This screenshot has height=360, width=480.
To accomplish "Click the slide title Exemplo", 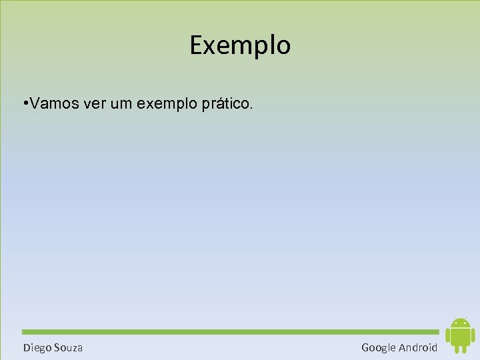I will (x=240, y=45).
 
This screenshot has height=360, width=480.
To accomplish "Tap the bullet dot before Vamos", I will (x=25, y=104).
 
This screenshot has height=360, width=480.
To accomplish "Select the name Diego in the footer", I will (x=37, y=347).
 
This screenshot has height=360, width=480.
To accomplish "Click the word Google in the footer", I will (x=379, y=347).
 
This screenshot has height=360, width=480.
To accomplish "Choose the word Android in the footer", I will (x=418, y=347).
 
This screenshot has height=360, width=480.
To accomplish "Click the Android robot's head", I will (x=460, y=323).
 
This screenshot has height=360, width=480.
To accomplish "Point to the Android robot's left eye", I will (x=455, y=323).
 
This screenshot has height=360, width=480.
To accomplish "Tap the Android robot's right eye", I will (x=465, y=323).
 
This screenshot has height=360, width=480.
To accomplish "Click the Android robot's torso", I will (x=460, y=336).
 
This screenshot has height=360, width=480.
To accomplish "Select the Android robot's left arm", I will (x=447, y=335).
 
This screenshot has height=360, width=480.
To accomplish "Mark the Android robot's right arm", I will (x=473, y=335).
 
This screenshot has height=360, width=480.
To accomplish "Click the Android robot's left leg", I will (x=456, y=349).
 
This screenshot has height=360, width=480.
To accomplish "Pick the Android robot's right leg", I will (x=464, y=349).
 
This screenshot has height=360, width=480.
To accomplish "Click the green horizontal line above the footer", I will (x=230, y=331).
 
